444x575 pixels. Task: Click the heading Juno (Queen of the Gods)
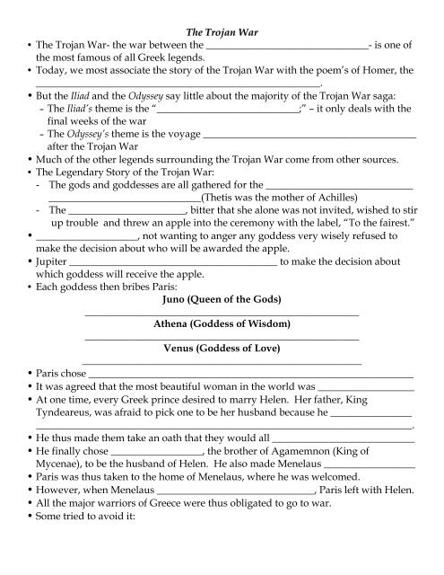tap(221, 298)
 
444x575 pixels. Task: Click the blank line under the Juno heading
tap(221, 313)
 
